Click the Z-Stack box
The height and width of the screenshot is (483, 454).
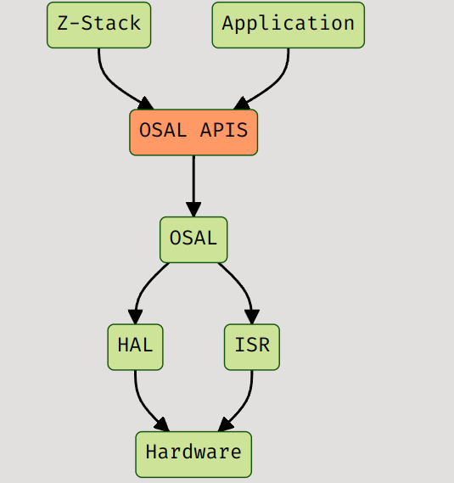point(98,25)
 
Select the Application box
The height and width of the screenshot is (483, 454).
point(288,25)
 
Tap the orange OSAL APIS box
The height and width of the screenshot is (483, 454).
point(193,132)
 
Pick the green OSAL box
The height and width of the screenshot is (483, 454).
point(193,239)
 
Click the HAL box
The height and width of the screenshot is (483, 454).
point(135,347)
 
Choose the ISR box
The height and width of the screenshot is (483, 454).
point(252,347)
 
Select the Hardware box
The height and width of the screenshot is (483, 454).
point(193,454)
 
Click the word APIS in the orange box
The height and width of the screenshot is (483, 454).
point(224,132)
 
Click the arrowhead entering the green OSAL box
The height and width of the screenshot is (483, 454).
point(193,210)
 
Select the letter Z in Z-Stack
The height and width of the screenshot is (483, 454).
point(63,24)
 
